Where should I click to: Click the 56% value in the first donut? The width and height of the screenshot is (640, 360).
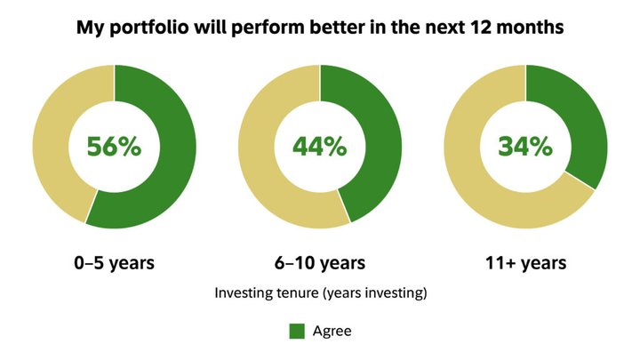tap(114, 147)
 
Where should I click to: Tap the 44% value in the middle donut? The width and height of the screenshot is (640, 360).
tap(320, 147)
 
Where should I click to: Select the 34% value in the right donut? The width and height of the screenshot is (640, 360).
tap(525, 147)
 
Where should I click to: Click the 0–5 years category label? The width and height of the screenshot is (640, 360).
tap(115, 263)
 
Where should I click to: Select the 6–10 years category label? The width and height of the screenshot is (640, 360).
tap(320, 263)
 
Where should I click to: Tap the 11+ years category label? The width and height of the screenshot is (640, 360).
tap(525, 263)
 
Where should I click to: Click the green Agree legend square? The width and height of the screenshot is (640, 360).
tap(297, 331)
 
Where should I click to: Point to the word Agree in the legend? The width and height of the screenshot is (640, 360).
tap(332, 331)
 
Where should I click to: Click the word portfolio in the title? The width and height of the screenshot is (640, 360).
tap(149, 28)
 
